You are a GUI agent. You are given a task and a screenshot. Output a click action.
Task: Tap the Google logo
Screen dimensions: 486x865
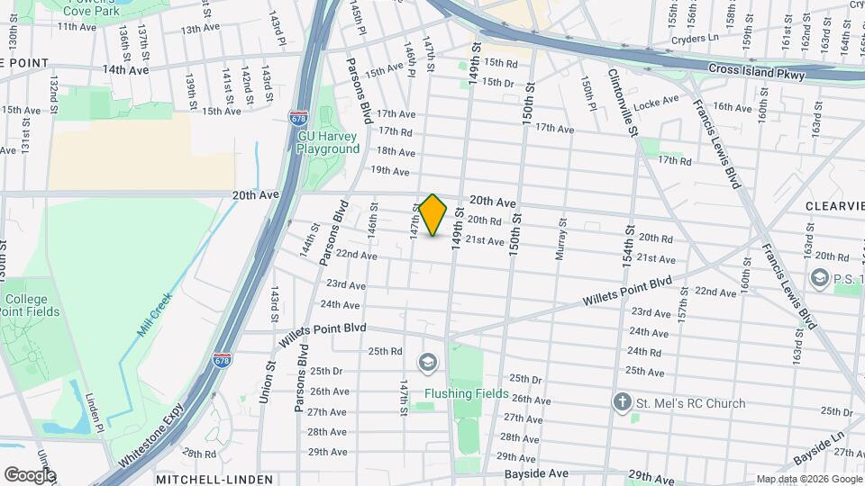point(30,474)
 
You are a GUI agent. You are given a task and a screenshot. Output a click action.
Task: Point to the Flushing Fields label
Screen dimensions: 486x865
point(467,394)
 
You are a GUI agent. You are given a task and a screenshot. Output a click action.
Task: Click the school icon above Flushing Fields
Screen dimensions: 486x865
point(427,363)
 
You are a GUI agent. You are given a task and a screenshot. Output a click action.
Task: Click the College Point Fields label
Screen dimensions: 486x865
point(32,305)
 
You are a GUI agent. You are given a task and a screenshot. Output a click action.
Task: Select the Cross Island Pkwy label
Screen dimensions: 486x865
point(751,68)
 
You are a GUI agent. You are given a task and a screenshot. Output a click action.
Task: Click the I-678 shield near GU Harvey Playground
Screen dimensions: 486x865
point(297,118)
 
